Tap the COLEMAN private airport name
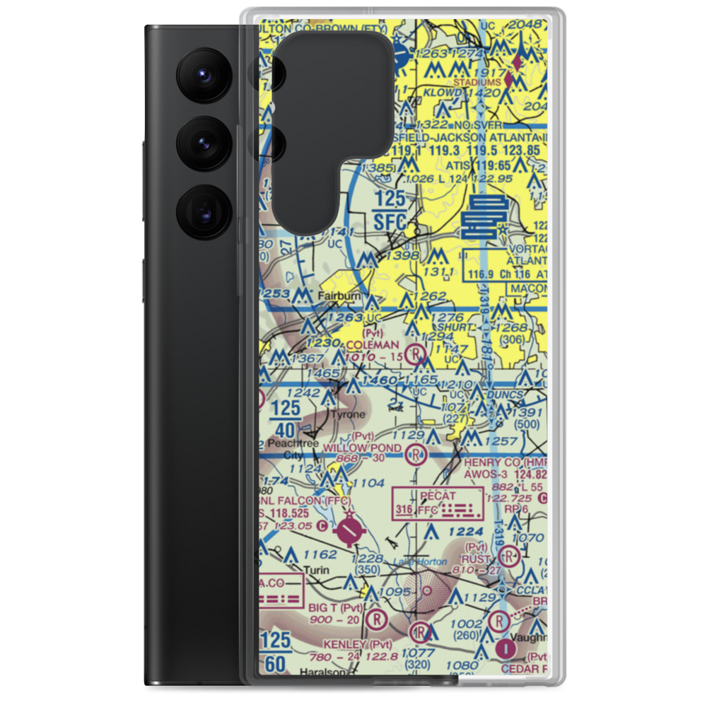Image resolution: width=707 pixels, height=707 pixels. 373,344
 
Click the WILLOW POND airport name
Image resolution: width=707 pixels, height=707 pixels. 362,448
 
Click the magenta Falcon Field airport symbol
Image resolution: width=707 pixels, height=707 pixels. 349,530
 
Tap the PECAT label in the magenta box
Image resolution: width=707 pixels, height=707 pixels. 438,495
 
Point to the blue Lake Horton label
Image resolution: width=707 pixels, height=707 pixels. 421,561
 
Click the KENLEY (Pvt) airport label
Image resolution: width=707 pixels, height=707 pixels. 356,645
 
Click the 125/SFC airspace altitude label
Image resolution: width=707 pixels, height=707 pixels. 390,210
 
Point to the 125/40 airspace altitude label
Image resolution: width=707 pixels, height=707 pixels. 285,419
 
